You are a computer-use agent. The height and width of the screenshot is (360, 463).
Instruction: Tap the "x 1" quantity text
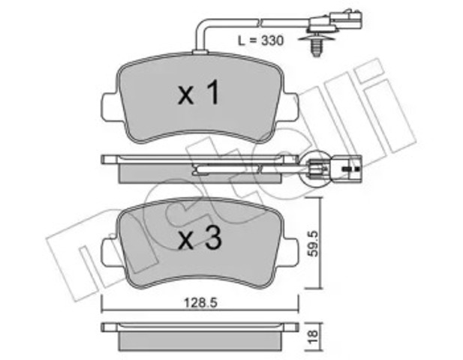198,94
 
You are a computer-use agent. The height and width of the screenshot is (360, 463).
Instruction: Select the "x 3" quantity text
199,241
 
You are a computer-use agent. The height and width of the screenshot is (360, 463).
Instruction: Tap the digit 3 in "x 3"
213,241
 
